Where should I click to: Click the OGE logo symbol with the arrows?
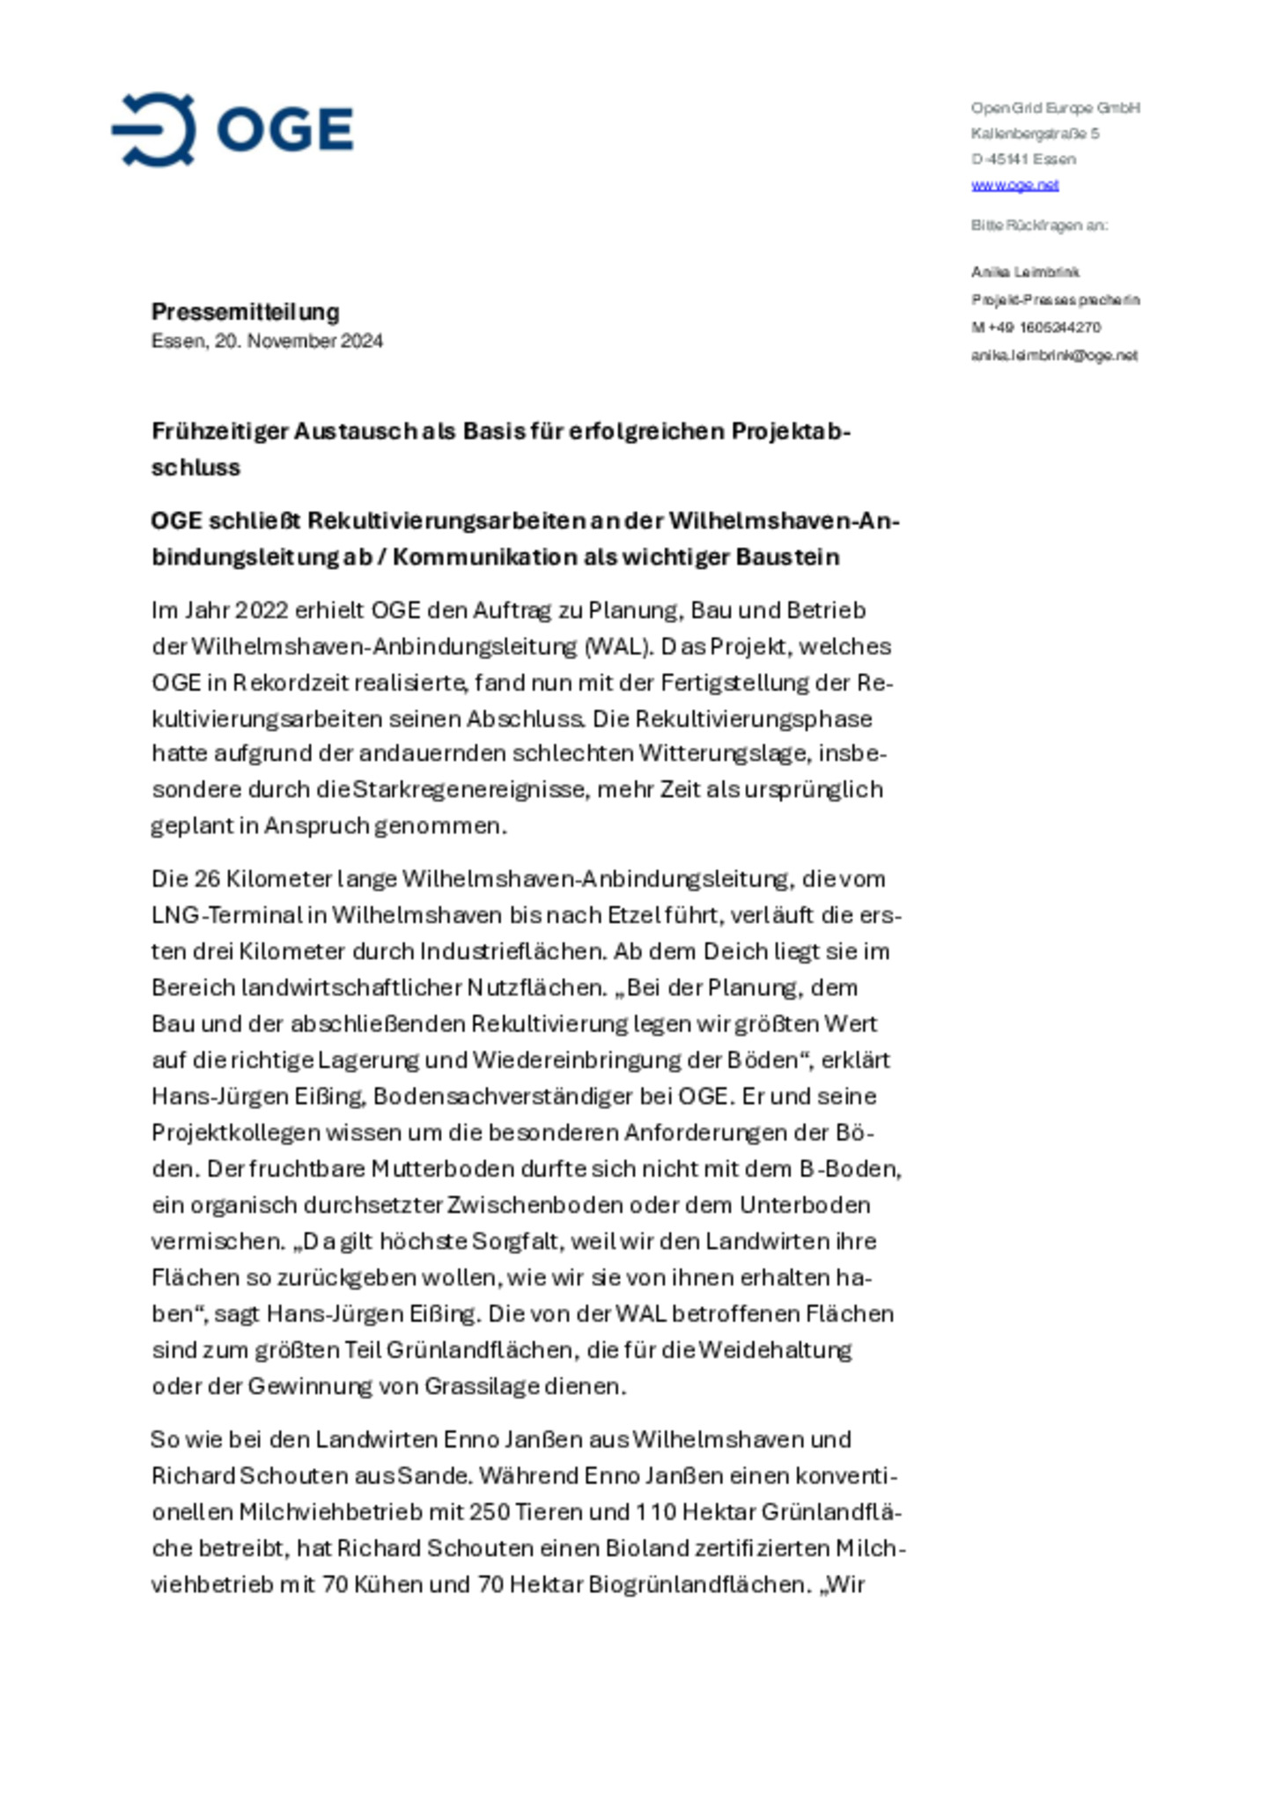tap(155, 129)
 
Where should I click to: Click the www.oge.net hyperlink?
tap(1014, 185)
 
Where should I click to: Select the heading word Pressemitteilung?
tap(245, 312)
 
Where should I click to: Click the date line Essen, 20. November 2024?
tap(267, 341)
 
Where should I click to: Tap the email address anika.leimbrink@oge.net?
tap(1054, 356)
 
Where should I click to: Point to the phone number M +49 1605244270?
tap(1036, 328)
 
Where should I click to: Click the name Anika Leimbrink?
tap(1025, 272)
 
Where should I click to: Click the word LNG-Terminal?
tap(225, 915)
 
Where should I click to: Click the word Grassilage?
tap(481, 1386)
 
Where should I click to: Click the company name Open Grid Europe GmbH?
tap(1055, 108)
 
